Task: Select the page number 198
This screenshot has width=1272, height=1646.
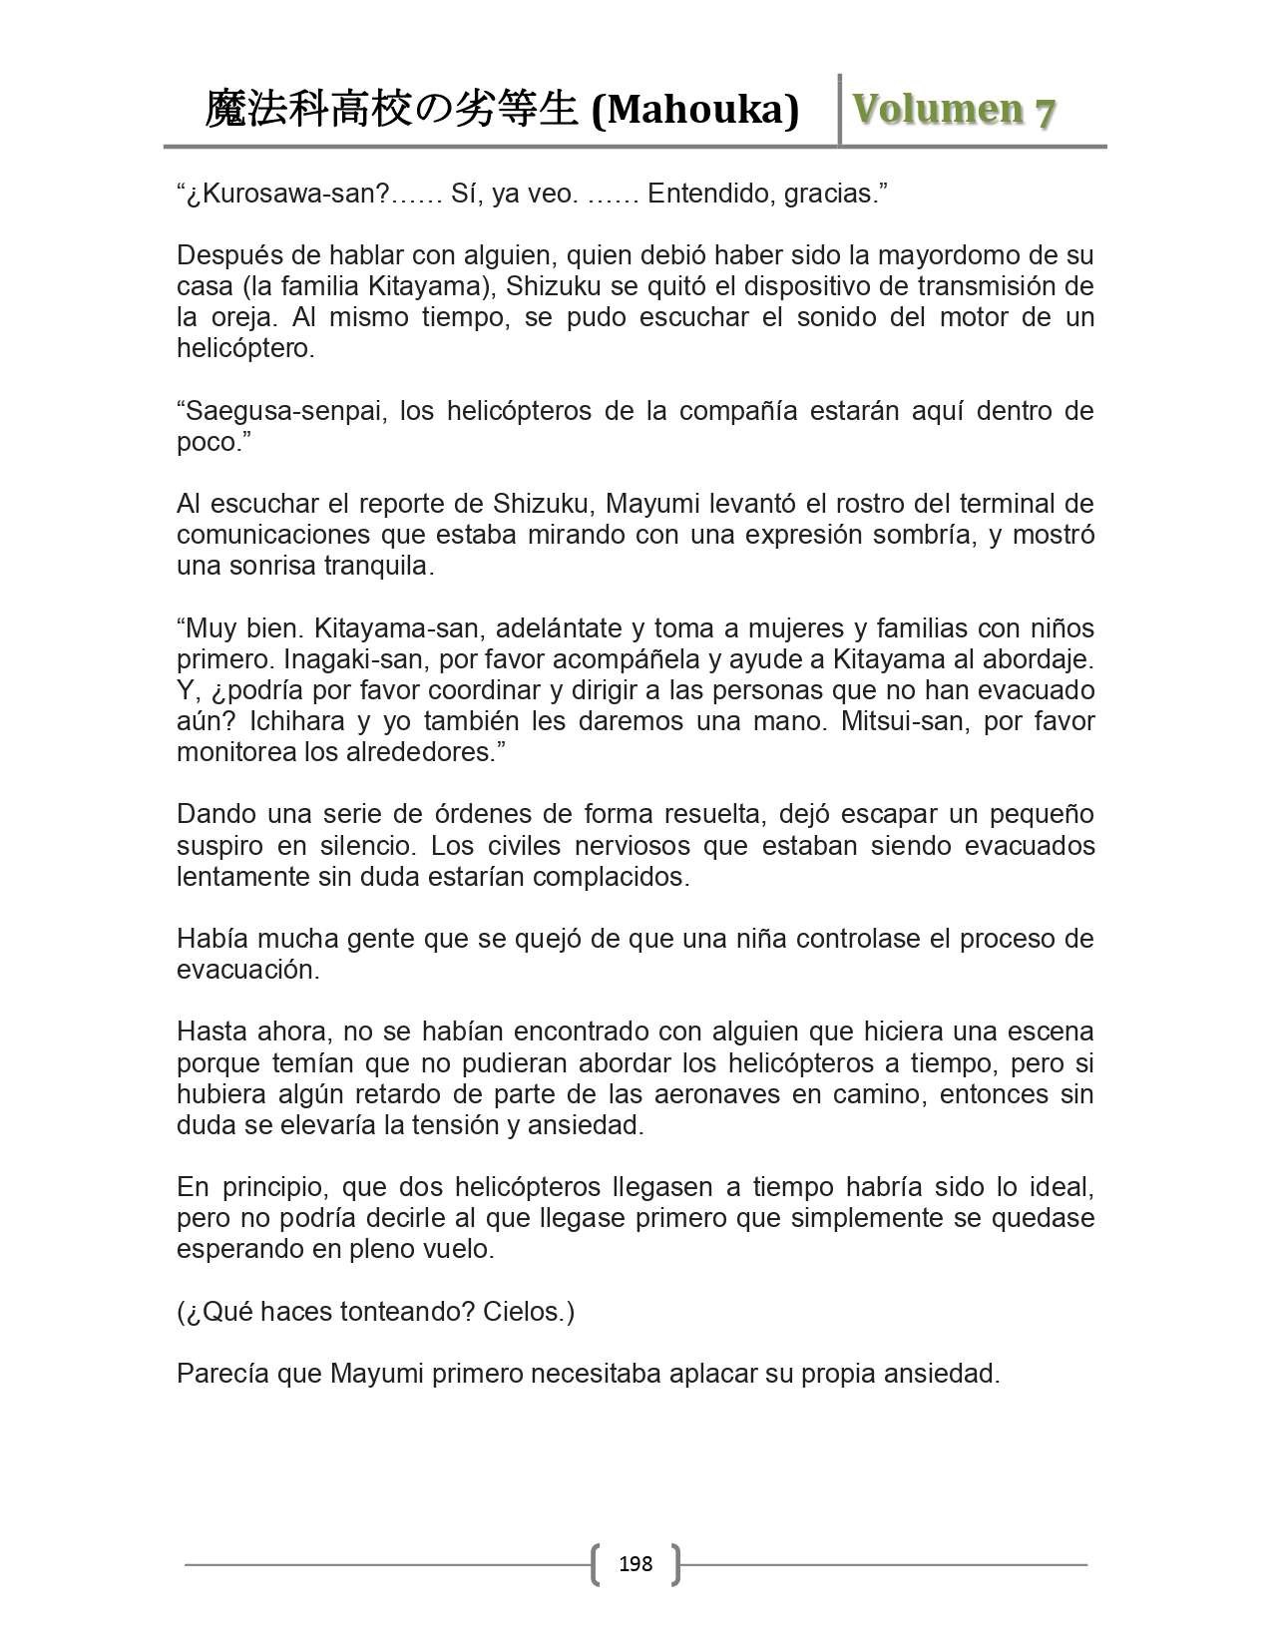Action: click(x=636, y=1563)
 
